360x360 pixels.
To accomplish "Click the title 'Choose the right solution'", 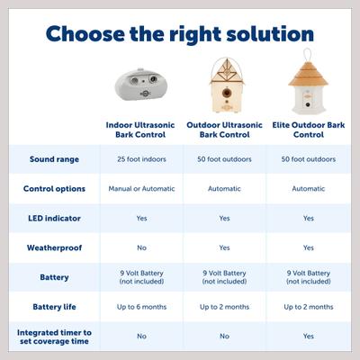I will click(180, 34).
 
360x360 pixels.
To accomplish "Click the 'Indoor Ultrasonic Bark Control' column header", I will click(142, 129).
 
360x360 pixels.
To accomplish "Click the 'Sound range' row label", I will click(54, 159).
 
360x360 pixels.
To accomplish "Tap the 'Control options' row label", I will click(54, 189).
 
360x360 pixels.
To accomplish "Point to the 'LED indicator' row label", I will click(54, 218).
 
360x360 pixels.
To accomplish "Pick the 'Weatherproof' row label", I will click(54, 247).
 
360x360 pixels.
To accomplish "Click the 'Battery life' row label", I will click(54, 306).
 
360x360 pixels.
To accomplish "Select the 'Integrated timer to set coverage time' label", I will click(54, 336).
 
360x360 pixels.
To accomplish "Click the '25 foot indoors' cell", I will click(142, 159).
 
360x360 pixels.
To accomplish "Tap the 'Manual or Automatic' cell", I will click(142, 189).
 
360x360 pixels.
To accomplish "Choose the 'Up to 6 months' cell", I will click(142, 306).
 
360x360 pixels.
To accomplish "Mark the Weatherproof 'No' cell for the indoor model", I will click(141, 247).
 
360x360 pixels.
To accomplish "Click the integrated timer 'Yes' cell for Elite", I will click(308, 336).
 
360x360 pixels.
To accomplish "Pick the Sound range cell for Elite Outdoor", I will click(308, 159).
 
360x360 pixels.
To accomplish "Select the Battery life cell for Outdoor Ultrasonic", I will click(224, 306).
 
